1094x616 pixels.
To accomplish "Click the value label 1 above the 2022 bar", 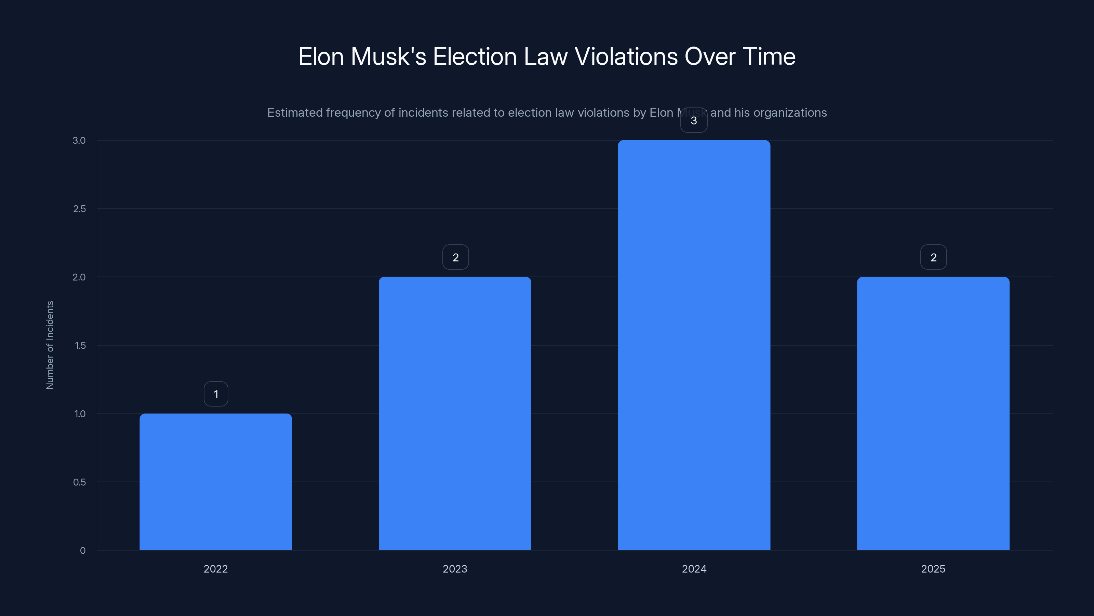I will coord(216,394).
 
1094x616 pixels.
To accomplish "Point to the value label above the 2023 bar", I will coord(455,257).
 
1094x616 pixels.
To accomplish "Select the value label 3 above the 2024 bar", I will coord(694,121).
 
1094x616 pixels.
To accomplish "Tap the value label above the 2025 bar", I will coord(933,257).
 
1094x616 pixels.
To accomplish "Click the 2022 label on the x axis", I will coord(216,569).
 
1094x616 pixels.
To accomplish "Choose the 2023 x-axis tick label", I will coord(455,569).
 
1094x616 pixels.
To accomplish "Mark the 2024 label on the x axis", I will coord(694,569).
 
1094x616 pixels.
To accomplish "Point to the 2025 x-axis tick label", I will coord(933,569).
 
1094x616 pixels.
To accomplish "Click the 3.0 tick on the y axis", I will coord(79,140).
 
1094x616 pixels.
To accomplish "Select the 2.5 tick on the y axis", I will coord(79,209).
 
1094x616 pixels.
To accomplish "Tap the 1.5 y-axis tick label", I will coord(80,345).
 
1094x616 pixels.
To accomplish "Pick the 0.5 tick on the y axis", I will coord(79,482).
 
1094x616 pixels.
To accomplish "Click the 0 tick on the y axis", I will coord(83,551).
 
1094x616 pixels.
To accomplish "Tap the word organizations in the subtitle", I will coord(790,113).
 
